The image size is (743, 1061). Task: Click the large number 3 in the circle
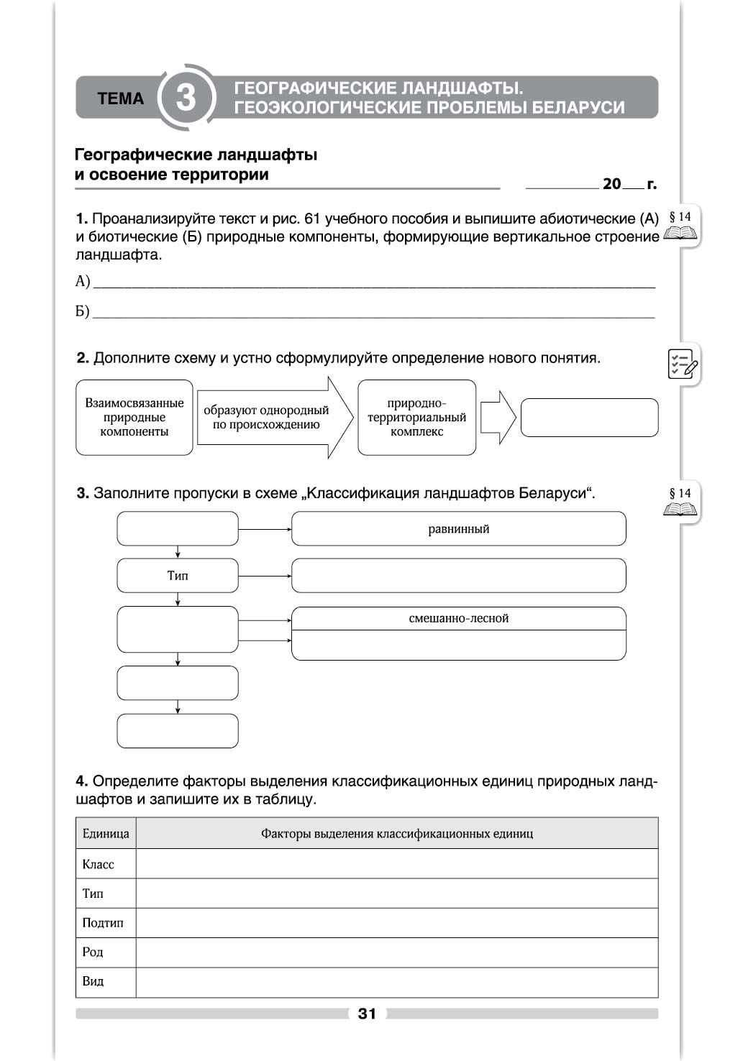point(186,98)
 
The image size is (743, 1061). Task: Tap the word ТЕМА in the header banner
point(120,98)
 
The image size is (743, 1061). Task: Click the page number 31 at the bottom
point(367,1014)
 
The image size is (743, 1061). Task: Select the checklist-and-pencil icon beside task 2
point(682,364)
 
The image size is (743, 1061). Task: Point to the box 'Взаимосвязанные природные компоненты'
point(135,418)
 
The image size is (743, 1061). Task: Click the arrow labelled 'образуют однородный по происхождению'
point(270,418)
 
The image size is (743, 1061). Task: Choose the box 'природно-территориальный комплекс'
point(416,418)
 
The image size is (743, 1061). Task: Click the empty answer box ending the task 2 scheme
point(589,418)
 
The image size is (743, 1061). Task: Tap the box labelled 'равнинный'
point(458,529)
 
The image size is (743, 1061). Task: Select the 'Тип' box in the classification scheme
point(178,576)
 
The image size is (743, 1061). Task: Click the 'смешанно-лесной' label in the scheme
point(458,618)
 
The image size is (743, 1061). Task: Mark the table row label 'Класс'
point(99,864)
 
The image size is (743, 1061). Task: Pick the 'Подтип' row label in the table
point(103,923)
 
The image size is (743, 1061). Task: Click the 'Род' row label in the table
point(93,952)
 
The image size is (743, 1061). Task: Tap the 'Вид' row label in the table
point(93,982)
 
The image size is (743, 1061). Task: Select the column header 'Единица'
point(106,834)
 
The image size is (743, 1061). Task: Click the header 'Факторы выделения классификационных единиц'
point(397,834)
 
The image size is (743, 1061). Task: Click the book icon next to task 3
point(680,509)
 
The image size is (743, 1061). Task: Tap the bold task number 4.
point(81,781)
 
